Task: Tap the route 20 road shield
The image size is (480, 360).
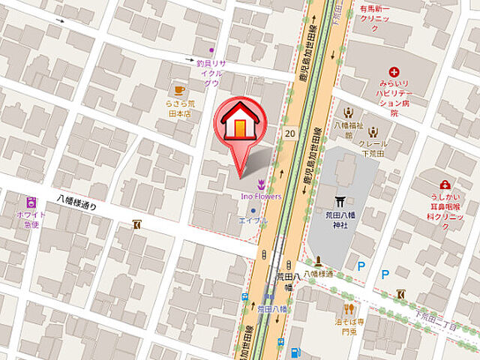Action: coord(289,133)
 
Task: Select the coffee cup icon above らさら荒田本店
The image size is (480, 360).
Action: coord(178,91)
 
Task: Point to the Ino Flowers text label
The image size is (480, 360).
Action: coord(261,196)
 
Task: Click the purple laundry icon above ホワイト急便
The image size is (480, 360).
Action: coord(31,202)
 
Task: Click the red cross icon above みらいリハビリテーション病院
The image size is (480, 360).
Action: coord(393,72)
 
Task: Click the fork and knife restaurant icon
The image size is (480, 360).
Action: coord(349,308)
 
